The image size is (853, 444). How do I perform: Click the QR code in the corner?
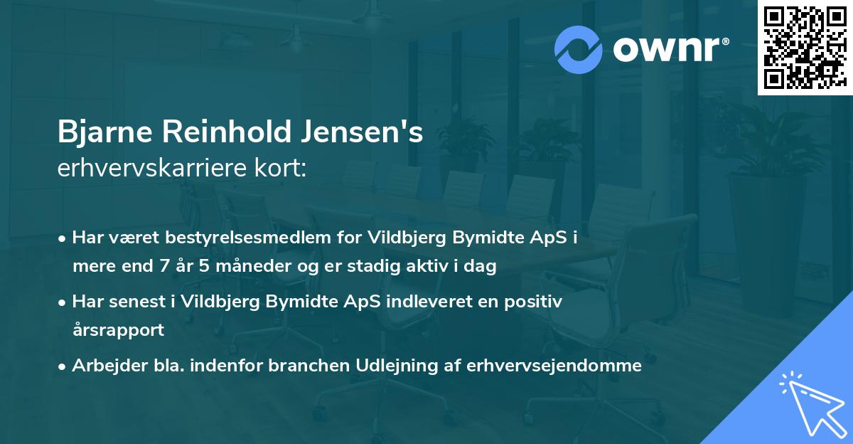point(805,47)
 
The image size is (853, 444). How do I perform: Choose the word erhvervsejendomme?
point(554,366)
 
